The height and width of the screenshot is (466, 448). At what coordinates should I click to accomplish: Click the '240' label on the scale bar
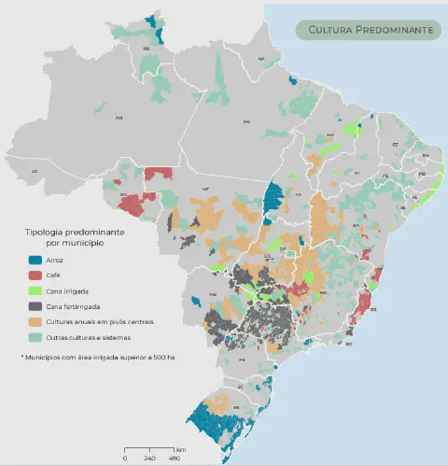pos(149,458)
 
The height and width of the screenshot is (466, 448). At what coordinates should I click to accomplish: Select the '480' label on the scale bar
pos(174,458)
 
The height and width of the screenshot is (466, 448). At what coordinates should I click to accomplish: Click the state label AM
pos(119,119)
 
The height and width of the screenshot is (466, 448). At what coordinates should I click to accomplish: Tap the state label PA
pos(247,122)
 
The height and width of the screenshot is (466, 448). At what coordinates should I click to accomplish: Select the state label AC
pos(35,172)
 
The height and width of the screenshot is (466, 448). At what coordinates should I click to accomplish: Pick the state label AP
pos(261,59)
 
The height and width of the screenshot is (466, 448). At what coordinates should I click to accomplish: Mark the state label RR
pos(147,48)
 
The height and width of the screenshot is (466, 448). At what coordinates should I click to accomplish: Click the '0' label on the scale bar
pos(125,458)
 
